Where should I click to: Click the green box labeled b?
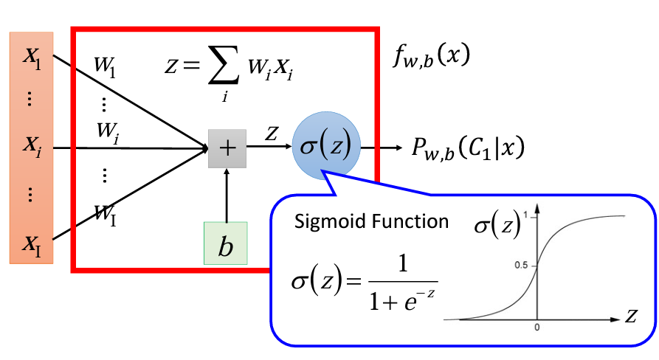225,243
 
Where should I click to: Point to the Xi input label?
32,147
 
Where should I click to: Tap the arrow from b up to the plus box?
228,193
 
